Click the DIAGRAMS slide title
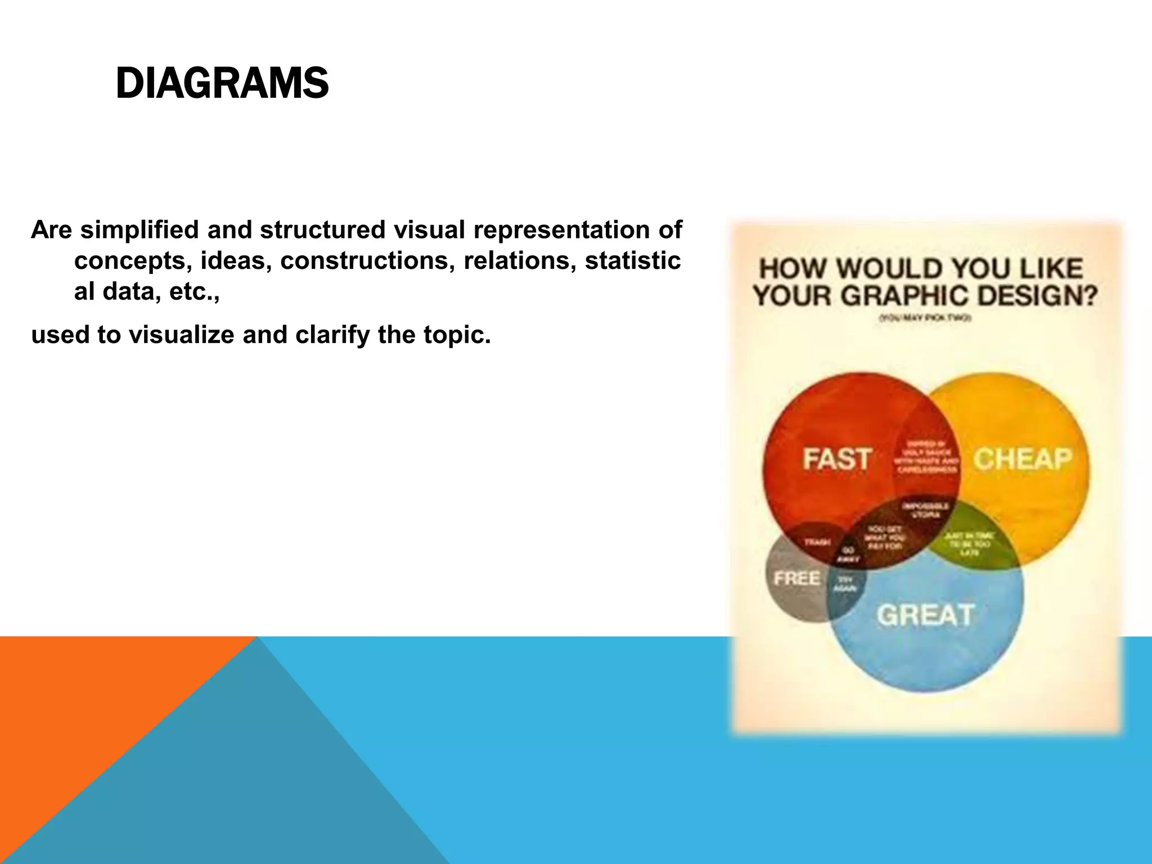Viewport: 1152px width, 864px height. pyautogui.click(x=222, y=83)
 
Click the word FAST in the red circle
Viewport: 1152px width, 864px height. pyautogui.click(x=837, y=459)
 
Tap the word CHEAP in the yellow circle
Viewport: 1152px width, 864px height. pyautogui.click(x=1022, y=459)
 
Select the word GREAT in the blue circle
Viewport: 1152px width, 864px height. pyautogui.click(x=925, y=615)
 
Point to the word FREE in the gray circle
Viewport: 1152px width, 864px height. pyautogui.click(x=796, y=578)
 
